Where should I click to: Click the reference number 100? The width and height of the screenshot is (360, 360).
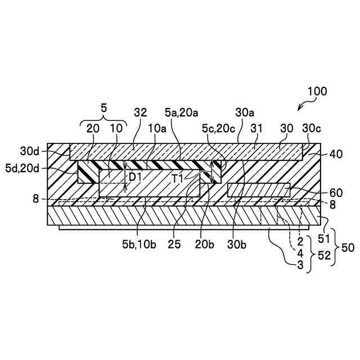coord(317,91)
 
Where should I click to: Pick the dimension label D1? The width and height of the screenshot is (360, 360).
coord(135,177)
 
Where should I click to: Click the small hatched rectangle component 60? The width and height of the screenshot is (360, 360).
coord(259,190)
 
